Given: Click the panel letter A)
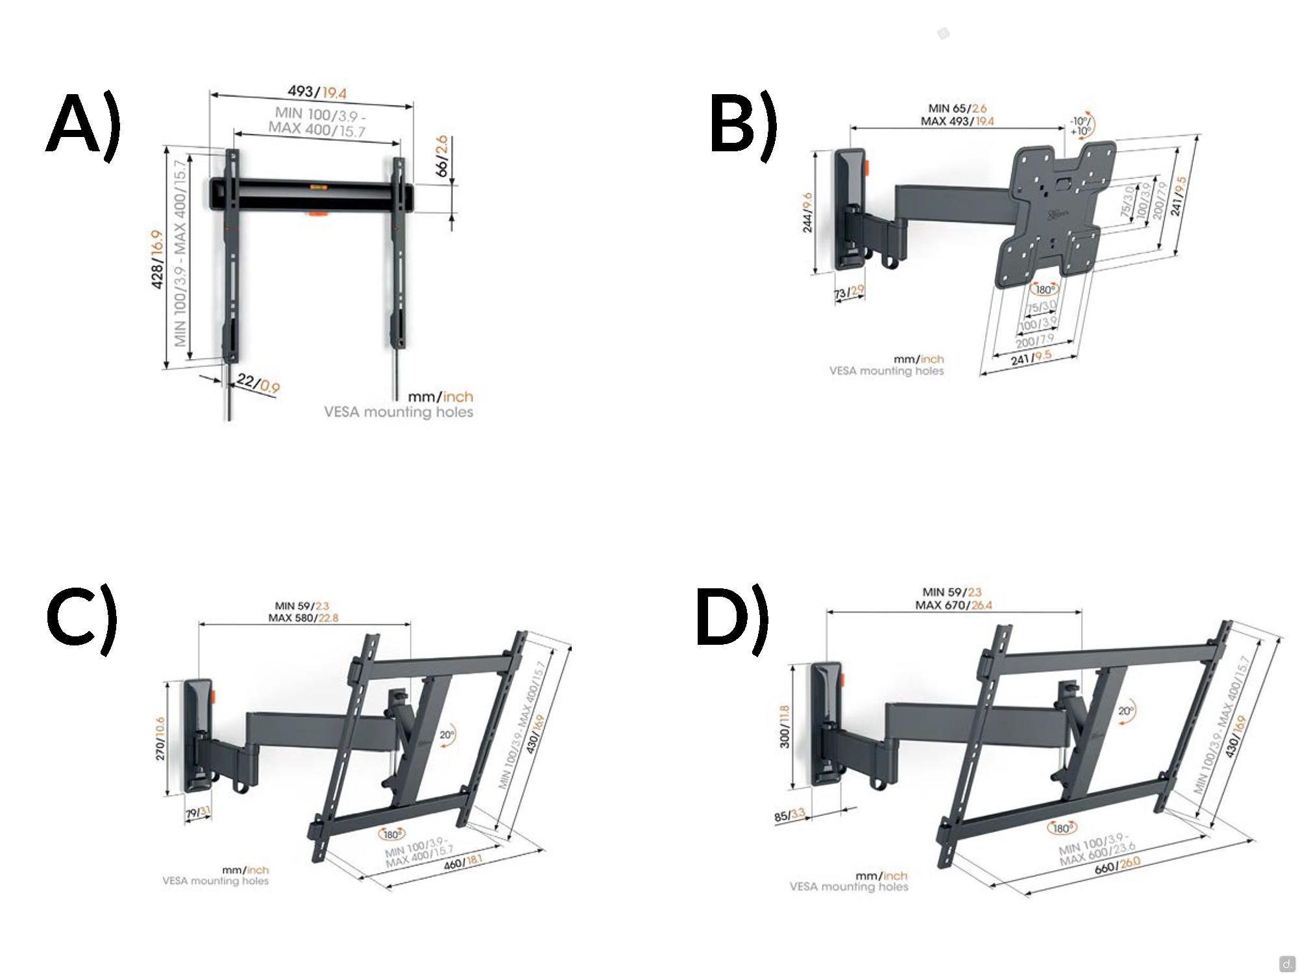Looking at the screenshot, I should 84,125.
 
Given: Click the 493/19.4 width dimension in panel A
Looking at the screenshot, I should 317,92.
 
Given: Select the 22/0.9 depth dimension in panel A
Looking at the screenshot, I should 258,384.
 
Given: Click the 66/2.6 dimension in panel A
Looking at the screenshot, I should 442,156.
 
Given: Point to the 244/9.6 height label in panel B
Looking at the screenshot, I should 808,212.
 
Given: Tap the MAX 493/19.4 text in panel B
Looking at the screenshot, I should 957,121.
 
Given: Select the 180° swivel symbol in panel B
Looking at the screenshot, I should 1045,290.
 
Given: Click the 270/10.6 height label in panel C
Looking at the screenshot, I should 161,738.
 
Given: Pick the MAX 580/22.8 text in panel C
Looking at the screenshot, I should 303,618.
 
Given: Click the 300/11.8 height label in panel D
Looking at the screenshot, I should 785,726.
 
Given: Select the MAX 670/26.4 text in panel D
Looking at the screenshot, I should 953,605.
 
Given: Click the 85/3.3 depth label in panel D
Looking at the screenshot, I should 790,816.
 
